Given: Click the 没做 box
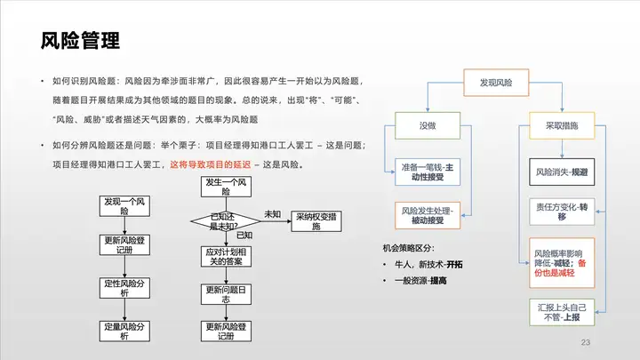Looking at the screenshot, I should tap(428, 125).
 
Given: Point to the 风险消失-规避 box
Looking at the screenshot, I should tap(562, 170).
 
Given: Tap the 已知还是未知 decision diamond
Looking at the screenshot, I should tap(225, 220).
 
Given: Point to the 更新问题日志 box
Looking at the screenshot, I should tap(225, 295).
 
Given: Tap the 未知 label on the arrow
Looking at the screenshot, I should tap(273, 214).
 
